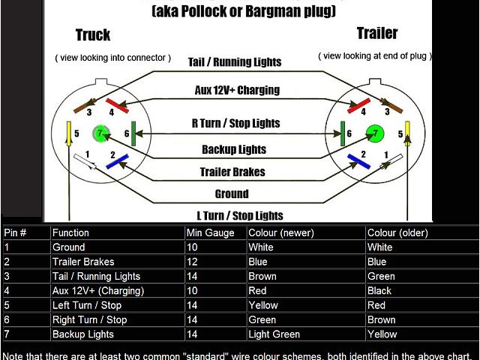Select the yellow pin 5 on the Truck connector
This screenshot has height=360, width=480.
69,133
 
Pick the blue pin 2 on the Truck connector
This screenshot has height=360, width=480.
115,160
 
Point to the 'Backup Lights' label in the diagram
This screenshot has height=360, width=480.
233,149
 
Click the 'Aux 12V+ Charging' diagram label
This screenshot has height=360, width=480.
237,90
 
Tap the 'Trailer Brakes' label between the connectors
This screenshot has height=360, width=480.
232,172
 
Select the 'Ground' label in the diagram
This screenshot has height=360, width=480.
232,193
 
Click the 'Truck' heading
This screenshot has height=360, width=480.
93,35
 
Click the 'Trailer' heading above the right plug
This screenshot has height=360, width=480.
377,33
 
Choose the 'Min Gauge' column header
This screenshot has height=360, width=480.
210,232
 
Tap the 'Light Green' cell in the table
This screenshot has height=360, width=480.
274,334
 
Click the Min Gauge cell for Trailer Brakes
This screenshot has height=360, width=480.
193,262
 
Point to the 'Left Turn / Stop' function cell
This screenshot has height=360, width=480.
87,305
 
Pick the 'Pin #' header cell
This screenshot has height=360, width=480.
15,232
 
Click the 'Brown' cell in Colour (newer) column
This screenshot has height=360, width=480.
262,276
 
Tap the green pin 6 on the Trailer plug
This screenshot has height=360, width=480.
341,133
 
